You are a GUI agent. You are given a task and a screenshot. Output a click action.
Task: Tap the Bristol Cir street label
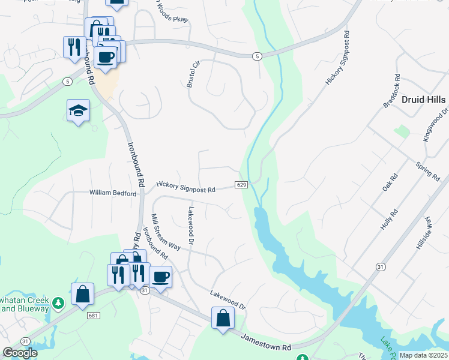pos(192,74)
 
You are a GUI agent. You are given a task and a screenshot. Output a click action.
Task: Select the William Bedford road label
pos(113,193)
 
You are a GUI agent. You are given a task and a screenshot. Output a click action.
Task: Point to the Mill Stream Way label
pos(166,232)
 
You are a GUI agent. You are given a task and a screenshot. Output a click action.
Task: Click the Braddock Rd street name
pos(391,92)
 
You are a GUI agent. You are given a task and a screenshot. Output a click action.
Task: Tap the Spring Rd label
pos(428,170)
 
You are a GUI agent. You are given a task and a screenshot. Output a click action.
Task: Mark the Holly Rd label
pos(390,220)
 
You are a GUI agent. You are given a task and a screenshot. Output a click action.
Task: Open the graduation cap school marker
pos(78,110)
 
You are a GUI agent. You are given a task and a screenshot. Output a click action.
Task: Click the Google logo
pos(20,353)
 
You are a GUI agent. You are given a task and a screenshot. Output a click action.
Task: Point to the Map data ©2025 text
pos(423,355)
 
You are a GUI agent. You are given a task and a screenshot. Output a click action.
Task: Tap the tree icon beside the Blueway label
pos(58,302)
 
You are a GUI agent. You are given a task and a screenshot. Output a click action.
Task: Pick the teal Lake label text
pos(385,344)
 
